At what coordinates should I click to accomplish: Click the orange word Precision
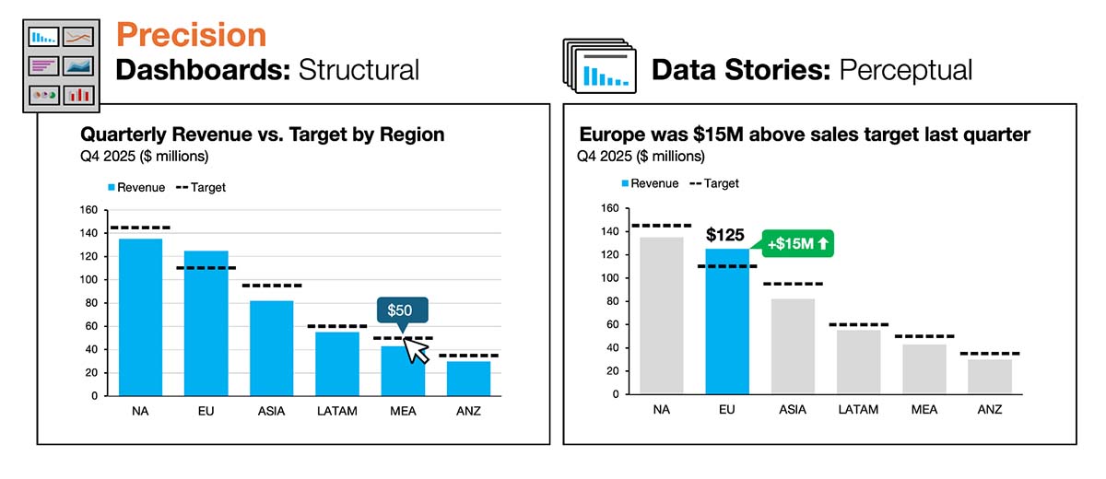(191, 35)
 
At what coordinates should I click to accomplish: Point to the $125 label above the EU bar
(724, 236)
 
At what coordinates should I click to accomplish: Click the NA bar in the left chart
(140, 318)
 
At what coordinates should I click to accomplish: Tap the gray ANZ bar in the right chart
(990, 376)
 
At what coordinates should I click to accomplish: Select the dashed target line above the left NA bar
(140, 228)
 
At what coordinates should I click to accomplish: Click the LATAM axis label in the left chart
(337, 411)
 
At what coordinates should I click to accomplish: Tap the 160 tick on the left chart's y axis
(88, 210)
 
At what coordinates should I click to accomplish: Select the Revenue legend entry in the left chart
(135, 187)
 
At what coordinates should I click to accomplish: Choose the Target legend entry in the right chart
(713, 183)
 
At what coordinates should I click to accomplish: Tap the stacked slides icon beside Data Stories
(599, 67)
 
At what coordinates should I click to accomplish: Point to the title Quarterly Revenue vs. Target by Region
(263, 134)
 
